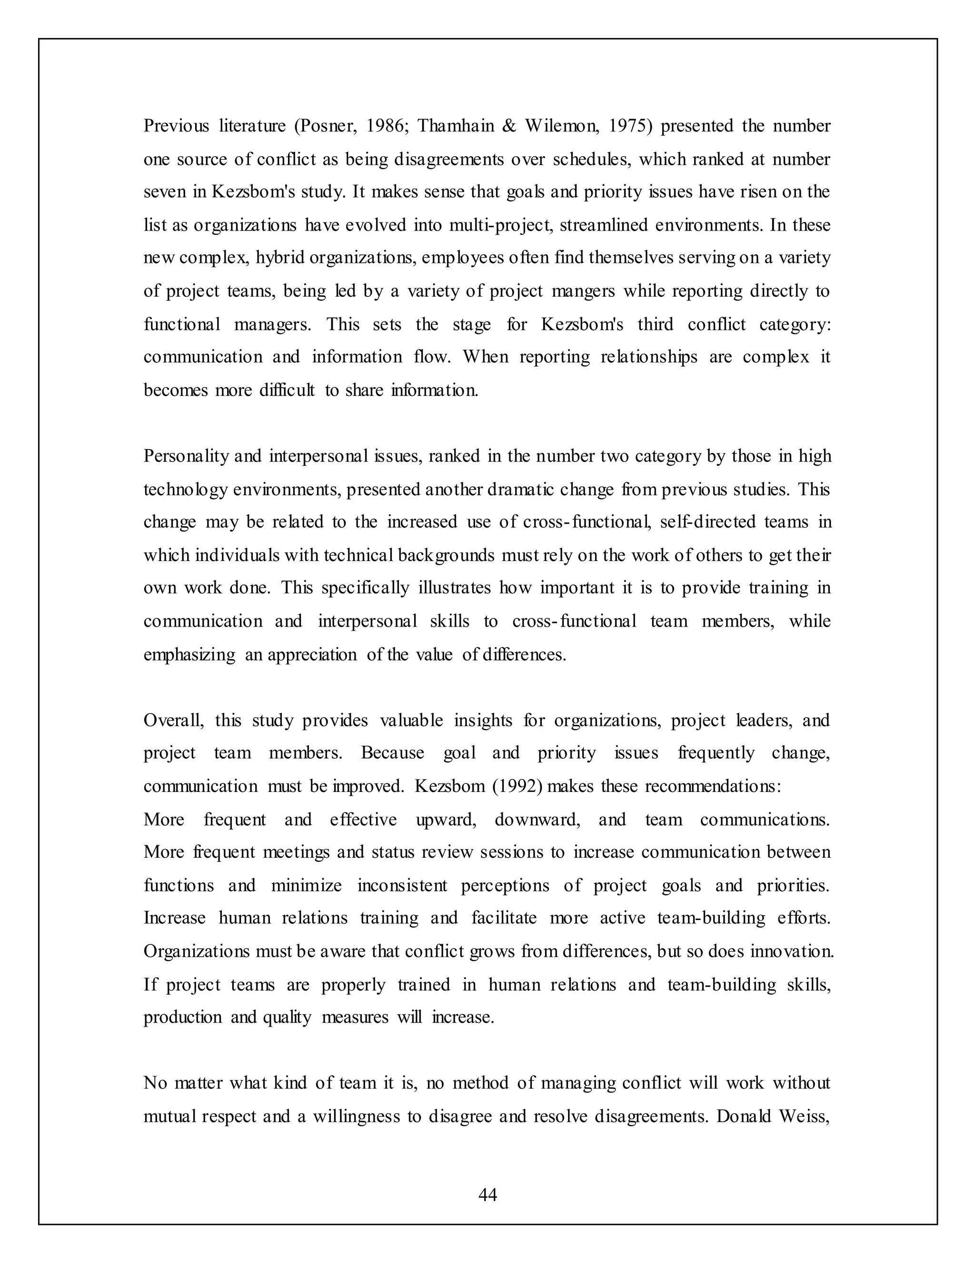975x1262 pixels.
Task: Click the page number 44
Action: [x=487, y=1194]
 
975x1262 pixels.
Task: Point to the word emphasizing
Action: [x=189, y=655]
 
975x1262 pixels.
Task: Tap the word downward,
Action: [x=537, y=820]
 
